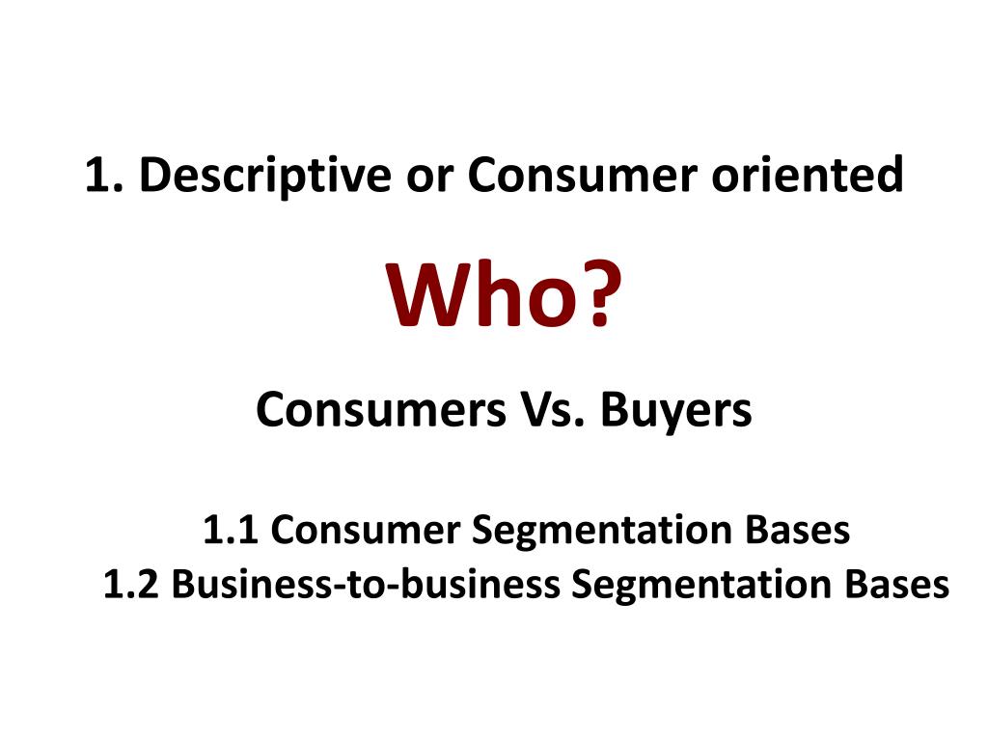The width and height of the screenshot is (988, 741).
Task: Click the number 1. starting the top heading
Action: [x=104, y=177]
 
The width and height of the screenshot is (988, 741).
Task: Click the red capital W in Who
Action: [x=427, y=297]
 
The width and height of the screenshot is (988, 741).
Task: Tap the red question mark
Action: [x=591, y=297]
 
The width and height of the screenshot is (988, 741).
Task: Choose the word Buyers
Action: [x=674, y=414]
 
